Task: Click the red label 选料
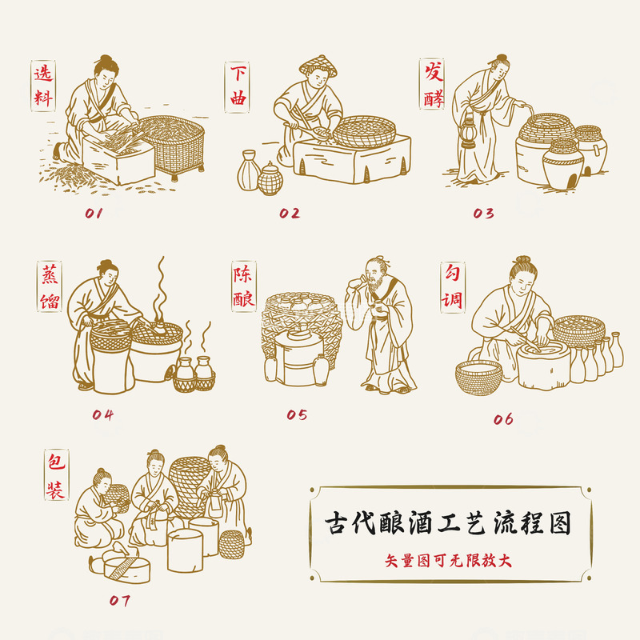[43, 86]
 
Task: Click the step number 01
[94, 214]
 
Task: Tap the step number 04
[102, 414]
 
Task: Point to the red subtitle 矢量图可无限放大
[448, 560]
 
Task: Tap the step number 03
[483, 214]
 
